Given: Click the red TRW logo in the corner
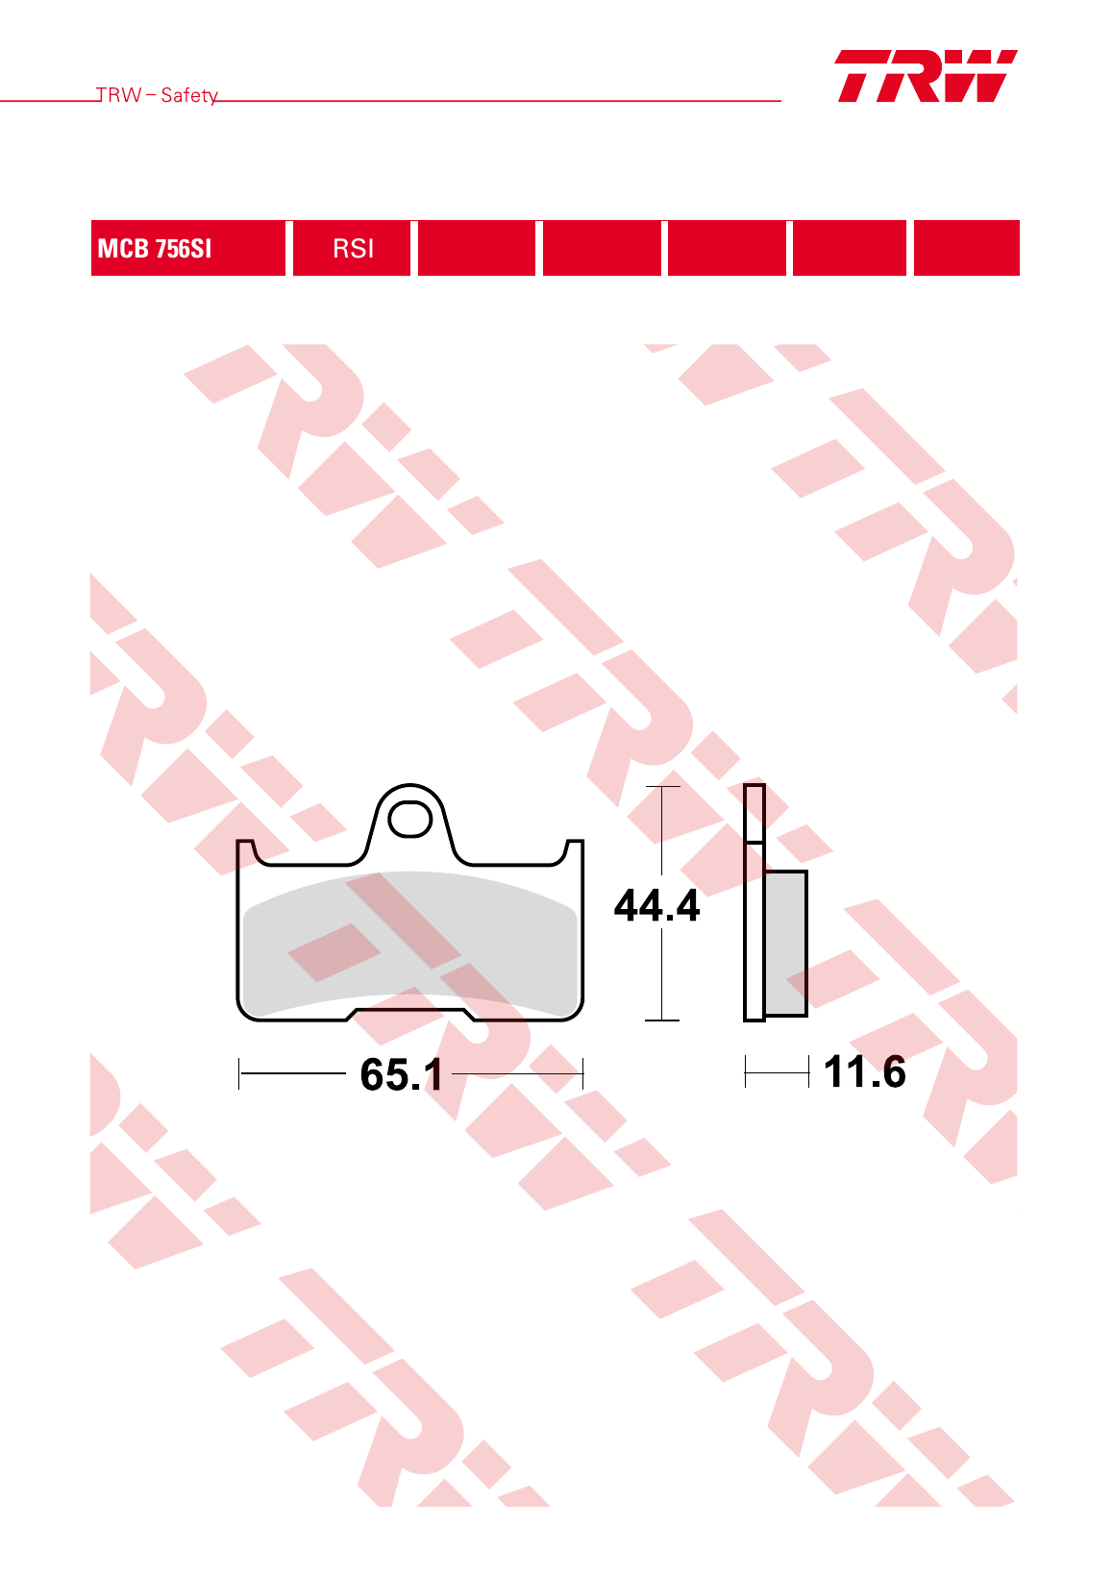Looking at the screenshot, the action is pyautogui.click(x=926, y=76).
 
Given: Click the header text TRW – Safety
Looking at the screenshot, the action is pyautogui.click(x=157, y=95).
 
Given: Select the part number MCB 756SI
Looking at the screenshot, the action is pyautogui.click(x=154, y=249).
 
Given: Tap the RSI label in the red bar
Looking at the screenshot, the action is pyautogui.click(x=353, y=249).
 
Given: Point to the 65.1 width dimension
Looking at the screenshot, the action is pyautogui.click(x=401, y=1074).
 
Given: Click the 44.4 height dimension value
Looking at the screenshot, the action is pyautogui.click(x=656, y=905).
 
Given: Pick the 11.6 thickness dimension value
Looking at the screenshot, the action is pyautogui.click(x=864, y=1071).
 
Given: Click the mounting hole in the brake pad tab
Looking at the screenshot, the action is pyautogui.click(x=409, y=820).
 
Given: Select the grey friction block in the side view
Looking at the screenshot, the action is pyautogui.click(x=785, y=943).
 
